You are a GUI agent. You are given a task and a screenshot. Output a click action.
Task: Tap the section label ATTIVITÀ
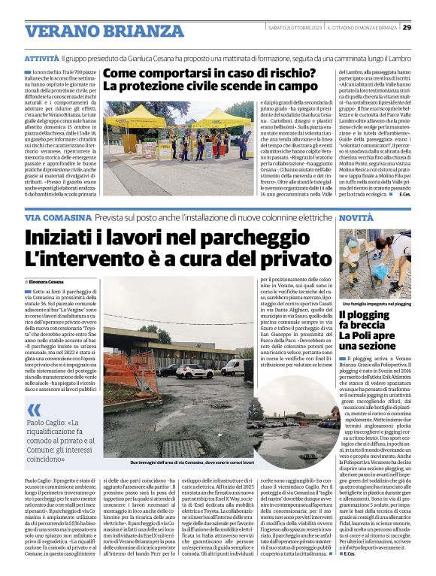41,58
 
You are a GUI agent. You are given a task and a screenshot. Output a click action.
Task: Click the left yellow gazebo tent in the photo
135,120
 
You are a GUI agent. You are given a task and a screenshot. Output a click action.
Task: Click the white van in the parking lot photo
233,367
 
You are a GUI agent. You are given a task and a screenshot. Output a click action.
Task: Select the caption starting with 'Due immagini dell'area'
192,462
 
